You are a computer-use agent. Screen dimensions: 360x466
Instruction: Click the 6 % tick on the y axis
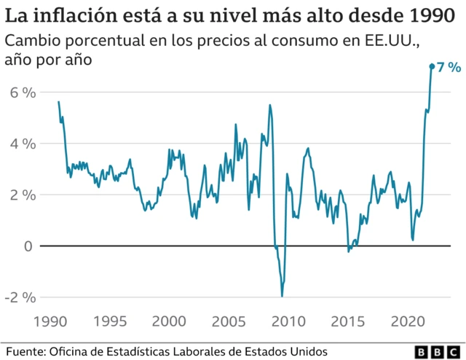coord(23,93)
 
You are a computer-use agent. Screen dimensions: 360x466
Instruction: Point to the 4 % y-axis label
coord(23,144)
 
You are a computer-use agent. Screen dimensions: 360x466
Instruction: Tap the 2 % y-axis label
coord(23,195)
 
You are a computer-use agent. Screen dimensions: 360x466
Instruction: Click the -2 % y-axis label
coord(20,297)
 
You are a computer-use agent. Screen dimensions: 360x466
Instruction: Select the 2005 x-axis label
coord(228,321)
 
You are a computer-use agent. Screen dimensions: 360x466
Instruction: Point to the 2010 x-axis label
coord(288,321)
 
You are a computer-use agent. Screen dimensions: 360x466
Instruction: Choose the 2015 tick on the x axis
coord(347,321)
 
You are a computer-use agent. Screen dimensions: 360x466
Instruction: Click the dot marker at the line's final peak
coord(432,66)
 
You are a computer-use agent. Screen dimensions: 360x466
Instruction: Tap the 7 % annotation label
coord(449,67)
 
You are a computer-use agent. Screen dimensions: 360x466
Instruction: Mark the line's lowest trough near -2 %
coord(282,295)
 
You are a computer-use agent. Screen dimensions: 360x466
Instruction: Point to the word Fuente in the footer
coord(24,351)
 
